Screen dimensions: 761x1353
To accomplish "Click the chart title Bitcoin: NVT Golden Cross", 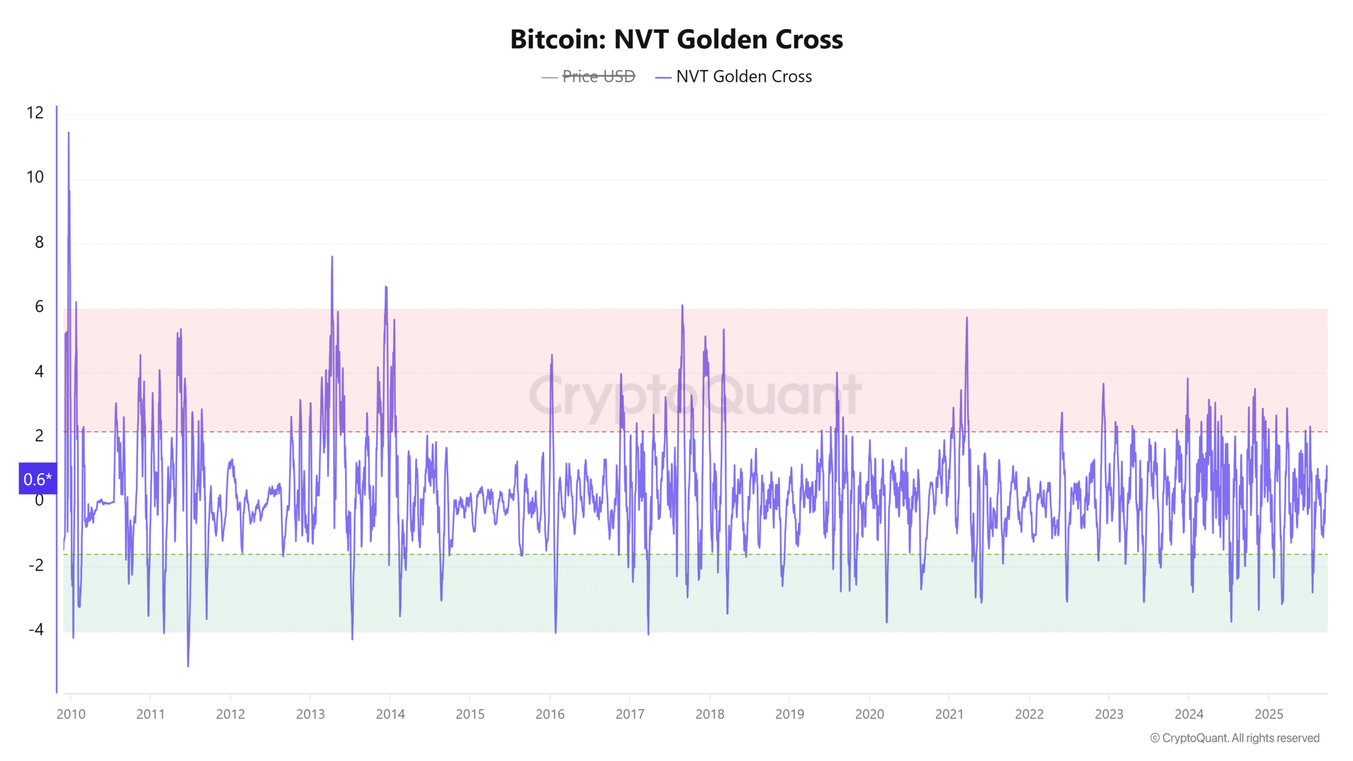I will [676, 40].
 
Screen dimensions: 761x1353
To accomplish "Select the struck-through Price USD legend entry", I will [598, 77].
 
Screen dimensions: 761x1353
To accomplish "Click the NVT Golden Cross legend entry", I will [743, 77].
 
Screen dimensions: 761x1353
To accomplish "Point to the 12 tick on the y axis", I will [35, 113].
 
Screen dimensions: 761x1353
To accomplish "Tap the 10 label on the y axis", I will [35, 177].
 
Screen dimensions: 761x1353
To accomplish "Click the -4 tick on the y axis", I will [36, 629].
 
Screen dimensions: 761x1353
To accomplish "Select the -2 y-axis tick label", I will [36, 565].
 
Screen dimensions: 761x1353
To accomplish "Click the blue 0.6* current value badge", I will [38, 479].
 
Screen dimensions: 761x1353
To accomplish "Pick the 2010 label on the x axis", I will [71, 714].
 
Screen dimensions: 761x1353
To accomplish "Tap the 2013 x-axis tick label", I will [310, 714].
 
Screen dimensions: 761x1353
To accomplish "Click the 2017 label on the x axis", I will [630, 714].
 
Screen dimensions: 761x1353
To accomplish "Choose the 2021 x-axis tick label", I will [949, 714].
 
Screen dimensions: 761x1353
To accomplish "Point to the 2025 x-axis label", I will [1268, 714].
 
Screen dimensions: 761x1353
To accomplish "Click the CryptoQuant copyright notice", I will [1235, 738].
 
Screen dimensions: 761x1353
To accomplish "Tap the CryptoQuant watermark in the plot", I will [695, 395].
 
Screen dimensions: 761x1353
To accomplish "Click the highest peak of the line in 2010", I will [69, 133].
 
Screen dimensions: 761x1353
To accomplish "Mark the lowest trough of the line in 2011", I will [188, 666].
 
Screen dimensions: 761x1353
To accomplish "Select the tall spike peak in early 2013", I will [332, 257].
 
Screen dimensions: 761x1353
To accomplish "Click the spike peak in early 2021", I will [967, 318].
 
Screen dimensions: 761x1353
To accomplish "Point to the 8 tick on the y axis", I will [39, 242].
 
